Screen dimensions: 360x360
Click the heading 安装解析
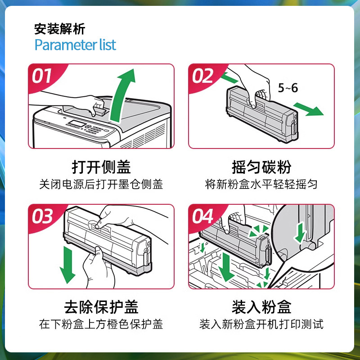coord(60,29)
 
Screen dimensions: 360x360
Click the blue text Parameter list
coord(75,45)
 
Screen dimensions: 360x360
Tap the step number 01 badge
coord(41,76)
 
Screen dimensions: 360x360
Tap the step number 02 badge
coord(202,76)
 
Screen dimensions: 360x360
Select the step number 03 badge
coord(42,216)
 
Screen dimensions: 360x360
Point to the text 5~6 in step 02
coord(288,88)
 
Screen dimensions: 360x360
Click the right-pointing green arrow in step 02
coord(308,109)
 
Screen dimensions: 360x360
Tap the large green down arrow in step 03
coord(67,265)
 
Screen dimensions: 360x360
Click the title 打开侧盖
coord(101,167)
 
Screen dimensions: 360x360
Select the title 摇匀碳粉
coord(261,167)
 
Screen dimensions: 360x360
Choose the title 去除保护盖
coord(101,307)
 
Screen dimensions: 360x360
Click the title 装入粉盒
coord(261,307)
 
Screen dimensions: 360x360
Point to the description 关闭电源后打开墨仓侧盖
coord(101,184)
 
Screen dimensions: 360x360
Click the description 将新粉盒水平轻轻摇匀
coord(261,184)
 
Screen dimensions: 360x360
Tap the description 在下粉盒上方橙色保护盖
coord(101,324)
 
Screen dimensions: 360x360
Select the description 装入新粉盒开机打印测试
coord(261,324)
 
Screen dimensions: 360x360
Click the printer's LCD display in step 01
coord(77,123)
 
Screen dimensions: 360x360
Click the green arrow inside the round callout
coord(300,233)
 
